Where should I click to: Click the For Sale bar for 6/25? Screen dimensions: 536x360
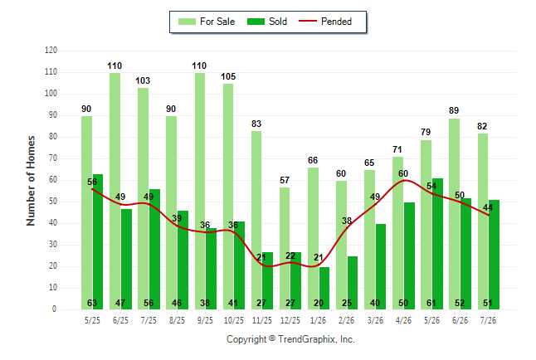(115, 191)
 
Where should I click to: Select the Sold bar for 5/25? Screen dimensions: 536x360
(98, 241)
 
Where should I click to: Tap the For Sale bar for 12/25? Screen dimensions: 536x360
(285, 248)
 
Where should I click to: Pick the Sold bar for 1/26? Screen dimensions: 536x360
(324, 288)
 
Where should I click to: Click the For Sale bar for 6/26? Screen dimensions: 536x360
(455, 214)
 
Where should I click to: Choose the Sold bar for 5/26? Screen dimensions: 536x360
(437, 244)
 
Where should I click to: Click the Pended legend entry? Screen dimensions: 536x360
(325, 22)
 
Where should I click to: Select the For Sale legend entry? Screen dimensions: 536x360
(207, 22)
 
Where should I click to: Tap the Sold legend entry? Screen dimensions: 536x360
(267, 22)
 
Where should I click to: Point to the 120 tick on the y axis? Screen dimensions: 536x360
(51, 51)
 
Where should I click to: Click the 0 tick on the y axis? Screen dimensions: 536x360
(54, 309)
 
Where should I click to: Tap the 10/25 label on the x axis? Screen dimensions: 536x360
(234, 321)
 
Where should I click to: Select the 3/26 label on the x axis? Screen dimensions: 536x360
(375, 321)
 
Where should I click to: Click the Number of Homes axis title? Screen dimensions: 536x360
(31, 181)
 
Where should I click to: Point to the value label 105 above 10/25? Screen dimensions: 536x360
(228, 76)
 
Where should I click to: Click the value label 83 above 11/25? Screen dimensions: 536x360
(256, 124)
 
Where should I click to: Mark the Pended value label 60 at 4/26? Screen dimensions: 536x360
(403, 173)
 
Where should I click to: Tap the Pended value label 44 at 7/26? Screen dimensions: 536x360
(488, 207)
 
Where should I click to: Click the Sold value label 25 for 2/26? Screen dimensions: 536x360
(347, 303)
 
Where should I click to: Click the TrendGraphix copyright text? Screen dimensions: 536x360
(290, 339)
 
